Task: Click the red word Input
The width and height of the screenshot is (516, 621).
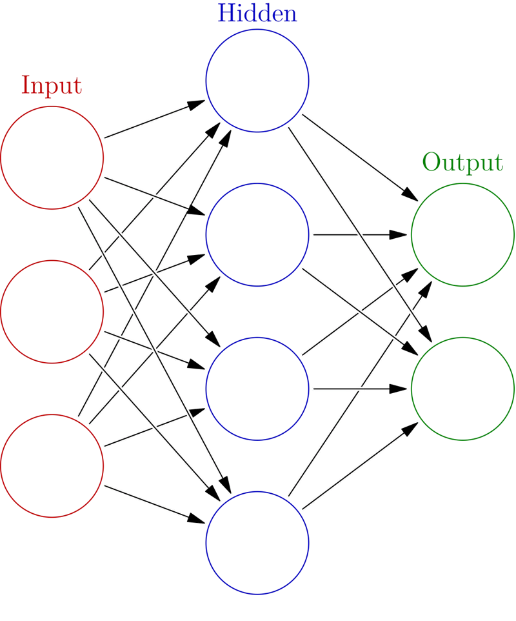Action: [52, 86]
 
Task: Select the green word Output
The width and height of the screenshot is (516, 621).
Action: [462, 163]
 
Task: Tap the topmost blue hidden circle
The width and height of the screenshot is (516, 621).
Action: [257, 81]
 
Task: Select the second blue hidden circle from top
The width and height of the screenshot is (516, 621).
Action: [257, 234]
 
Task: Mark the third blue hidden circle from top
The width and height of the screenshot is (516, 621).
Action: [257, 389]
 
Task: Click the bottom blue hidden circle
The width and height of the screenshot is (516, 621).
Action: [257, 542]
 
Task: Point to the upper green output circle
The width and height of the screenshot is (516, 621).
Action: [462, 234]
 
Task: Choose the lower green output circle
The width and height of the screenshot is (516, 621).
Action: [462, 389]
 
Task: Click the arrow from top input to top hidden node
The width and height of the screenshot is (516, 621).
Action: [155, 119]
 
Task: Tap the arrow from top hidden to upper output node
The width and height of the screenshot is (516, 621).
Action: [361, 155]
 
